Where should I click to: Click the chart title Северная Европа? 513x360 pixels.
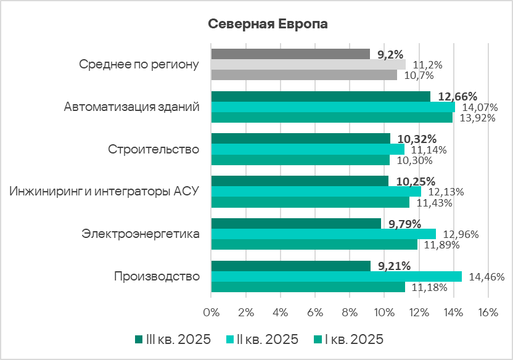pyautogui.click(x=268, y=24)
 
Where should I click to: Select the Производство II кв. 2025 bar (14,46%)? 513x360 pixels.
pyautogui.click(x=336, y=277)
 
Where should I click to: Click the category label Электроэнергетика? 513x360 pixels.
pyautogui.click(x=141, y=234)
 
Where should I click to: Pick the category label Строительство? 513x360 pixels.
pyautogui.click(x=154, y=149)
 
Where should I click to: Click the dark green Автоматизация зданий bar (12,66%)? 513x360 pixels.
pyautogui.click(x=320, y=96)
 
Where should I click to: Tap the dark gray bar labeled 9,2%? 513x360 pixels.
pyautogui.click(x=290, y=54)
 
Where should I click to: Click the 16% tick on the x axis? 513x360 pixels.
pyautogui.click(x=488, y=313)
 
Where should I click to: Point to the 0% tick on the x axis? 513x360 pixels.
pyautogui.click(x=211, y=313)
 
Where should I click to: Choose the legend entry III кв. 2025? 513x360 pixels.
pyautogui.click(x=173, y=340)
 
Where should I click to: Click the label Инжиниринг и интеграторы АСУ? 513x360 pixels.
pyautogui.click(x=105, y=191)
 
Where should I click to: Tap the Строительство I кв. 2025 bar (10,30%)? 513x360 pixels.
pyautogui.click(x=300, y=160)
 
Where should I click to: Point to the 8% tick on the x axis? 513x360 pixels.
pyautogui.click(x=350, y=313)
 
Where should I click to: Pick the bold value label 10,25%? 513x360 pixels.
pyautogui.click(x=416, y=182)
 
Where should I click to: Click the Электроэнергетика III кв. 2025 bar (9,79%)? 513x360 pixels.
pyautogui.click(x=296, y=223)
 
